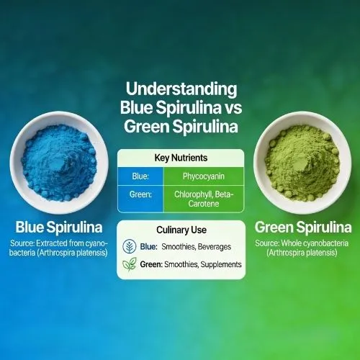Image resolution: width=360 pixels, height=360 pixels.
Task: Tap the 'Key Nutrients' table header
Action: pos(180,157)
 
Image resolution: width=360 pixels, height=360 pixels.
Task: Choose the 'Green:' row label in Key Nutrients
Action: pos(141,194)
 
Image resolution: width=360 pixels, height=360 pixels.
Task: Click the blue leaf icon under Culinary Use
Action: pos(130,246)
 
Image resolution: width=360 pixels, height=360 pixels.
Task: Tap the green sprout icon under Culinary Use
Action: pos(130,265)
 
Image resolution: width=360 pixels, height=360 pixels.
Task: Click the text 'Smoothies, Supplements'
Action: pos(204,265)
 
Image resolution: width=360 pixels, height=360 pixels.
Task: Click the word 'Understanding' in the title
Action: pos(181,90)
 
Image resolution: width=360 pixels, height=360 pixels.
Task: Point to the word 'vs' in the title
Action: pos(229,109)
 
